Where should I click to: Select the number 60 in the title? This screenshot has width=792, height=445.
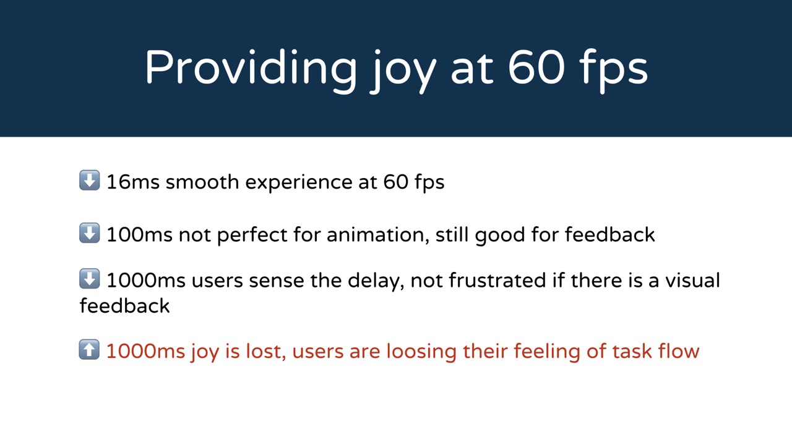click(536, 67)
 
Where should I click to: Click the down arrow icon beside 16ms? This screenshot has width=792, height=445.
click(90, 180)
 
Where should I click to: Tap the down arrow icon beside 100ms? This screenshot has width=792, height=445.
click(90, 233)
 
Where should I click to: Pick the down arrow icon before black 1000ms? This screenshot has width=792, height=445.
click(90, 279)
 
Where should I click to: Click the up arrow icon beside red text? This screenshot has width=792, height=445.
click(89, 350)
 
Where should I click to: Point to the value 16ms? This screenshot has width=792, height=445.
click(133, 182)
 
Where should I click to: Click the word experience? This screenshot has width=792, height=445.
click(299, 184)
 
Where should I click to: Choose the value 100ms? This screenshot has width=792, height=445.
click(139, 235)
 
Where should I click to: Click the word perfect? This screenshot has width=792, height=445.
click(252, 235)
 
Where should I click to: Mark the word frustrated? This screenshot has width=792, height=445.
click(497, 281)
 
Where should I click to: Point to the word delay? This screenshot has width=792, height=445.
click(376, 282)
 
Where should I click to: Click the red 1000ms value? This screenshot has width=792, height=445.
click(145, 352)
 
